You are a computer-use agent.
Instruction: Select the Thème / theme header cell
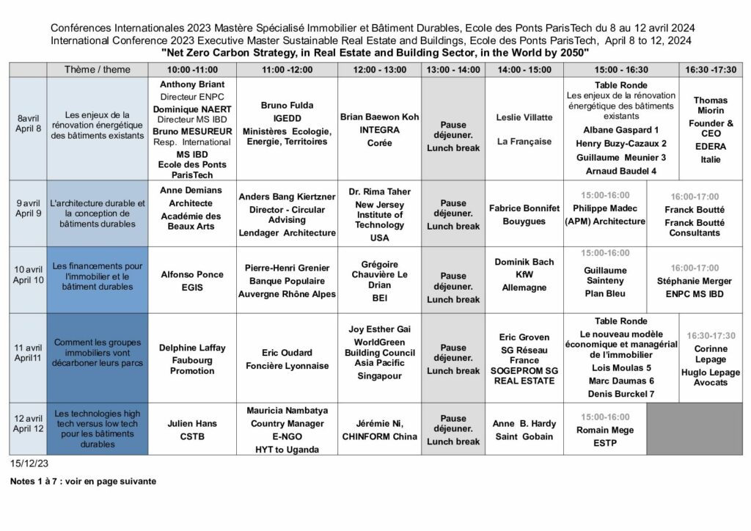click(x=98, y=70)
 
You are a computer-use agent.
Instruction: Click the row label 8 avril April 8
click(x=28, y=124)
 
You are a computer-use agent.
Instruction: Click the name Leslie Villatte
click(x=524, y=117)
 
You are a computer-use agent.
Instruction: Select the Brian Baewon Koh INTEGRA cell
click(x=379, y=130)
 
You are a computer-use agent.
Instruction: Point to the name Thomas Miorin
click(x=710, y=106)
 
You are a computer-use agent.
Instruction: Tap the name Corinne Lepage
click(x=710, y=354)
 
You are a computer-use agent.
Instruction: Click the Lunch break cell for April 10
click(x=453, y=288)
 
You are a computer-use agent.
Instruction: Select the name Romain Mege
click(x=605, y=430)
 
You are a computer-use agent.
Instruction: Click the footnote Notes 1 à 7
click(x=83, y=482)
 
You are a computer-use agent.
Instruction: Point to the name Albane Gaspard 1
click(x=621, y=130)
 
